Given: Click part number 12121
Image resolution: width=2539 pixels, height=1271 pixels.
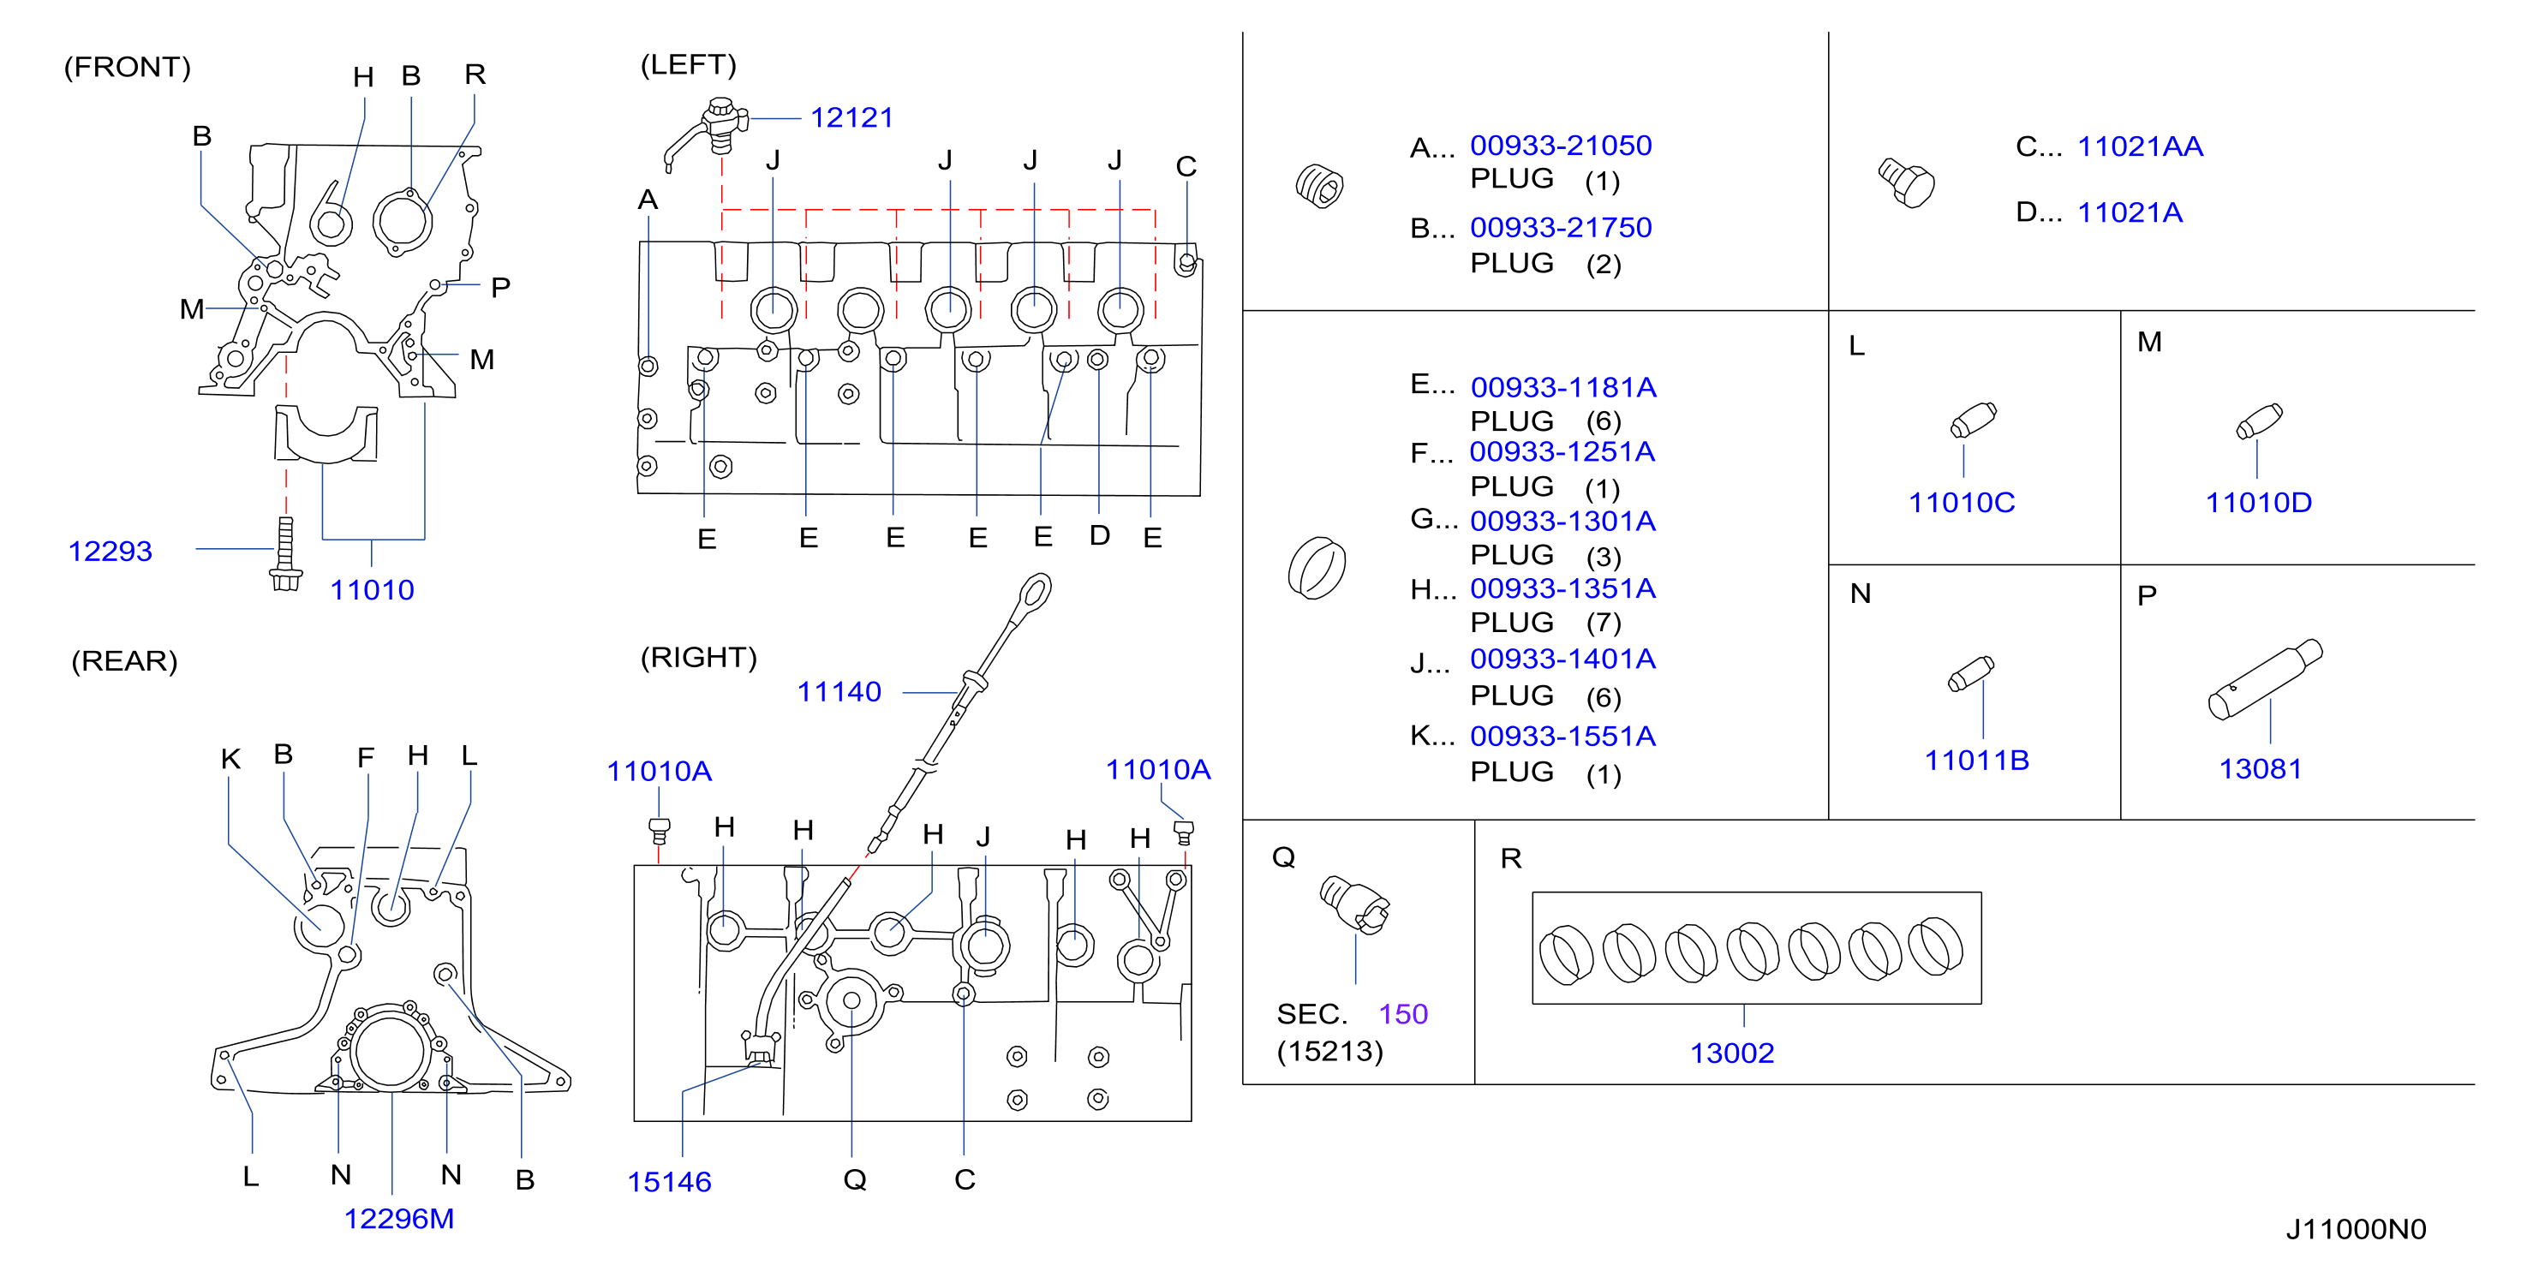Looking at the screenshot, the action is tap(851, 118).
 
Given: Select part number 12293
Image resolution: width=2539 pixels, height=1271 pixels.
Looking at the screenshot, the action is tap(111, 551).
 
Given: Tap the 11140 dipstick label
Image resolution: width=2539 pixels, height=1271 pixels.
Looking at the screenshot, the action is tap(839, 692).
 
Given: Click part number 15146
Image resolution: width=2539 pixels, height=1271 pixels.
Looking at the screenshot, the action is tap(669, 1181).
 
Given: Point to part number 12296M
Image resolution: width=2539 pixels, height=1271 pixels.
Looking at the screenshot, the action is tap(399, 1219).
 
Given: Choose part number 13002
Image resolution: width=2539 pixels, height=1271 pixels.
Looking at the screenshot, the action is tap(1732, 1053).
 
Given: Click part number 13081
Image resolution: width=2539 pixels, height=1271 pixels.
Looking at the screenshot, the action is tap(2260, 768).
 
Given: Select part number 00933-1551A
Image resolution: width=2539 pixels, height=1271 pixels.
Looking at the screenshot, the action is tap(1563, 736).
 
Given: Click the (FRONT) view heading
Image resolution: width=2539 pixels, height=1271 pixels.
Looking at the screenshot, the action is tap(127, 67).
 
